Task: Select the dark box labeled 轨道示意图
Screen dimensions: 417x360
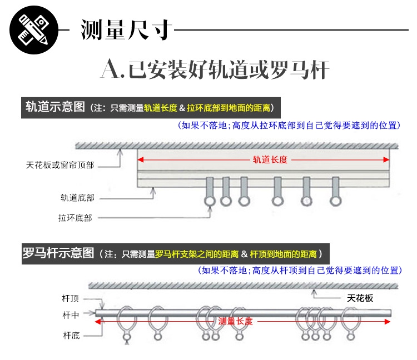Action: tap(54, 107)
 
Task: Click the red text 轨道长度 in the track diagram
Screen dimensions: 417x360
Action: tap(270, 159)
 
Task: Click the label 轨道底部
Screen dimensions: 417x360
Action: tap(77, 197)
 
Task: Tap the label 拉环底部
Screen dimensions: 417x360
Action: tap(75, 217)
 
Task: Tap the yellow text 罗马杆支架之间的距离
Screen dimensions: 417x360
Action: tap(197, 254)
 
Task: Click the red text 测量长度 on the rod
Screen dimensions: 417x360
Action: tap(236, 321)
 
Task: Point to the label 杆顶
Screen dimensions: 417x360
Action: tap(71, 298)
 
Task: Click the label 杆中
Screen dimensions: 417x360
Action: tap(71, 315)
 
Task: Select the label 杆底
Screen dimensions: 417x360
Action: tap(71, 335)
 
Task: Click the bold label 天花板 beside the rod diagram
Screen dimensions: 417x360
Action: tap(360, 298)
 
